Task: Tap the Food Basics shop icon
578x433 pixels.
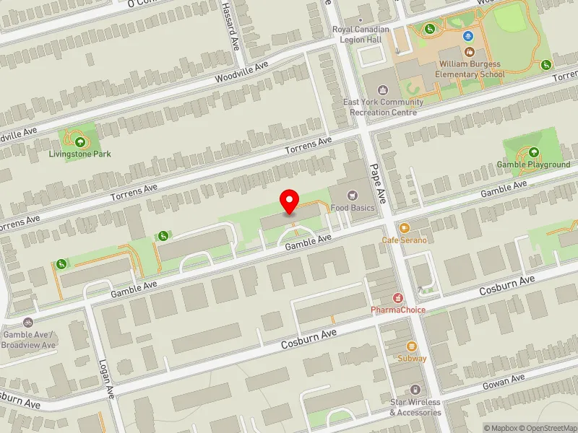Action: [353, 195]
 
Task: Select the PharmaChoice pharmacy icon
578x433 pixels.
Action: [397, 297]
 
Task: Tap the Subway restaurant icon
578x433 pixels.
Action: [412, 346]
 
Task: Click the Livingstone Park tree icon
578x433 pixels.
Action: [79, 141]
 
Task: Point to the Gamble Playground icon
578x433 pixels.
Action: [533, 152]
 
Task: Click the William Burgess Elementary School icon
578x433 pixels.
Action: [470, 52]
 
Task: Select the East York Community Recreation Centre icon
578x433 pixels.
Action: [383, 90]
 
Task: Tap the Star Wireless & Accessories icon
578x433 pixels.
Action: [415, 390]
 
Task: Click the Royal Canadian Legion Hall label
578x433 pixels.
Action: [361, 34]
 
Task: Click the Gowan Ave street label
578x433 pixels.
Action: [507, 380]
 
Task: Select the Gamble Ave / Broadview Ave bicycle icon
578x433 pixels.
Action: [28, 323]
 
